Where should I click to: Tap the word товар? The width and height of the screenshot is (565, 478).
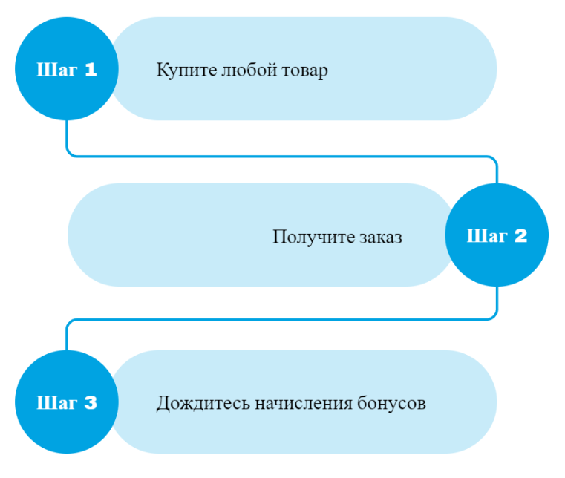304,71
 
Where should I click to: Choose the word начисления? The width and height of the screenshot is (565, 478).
301,404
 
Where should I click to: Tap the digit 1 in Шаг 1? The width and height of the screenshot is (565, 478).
90,70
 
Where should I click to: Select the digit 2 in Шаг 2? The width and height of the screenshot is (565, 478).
520,236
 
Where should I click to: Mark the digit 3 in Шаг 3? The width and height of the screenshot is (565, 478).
90,403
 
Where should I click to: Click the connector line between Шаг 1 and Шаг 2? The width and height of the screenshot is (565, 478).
282,156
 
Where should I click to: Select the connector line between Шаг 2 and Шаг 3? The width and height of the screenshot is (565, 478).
282,320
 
